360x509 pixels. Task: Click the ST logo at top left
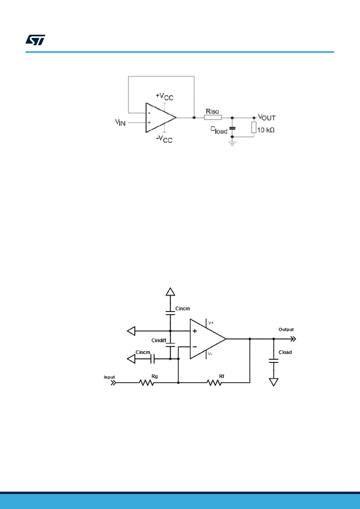[35, 40]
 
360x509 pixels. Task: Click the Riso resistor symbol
[213, 117]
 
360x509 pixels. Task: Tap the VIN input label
[120, 122]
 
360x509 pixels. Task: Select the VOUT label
[267, 117]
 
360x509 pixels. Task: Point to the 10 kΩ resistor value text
[266, 130]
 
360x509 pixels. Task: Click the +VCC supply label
[164, 96]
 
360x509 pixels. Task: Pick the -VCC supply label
[164, 139]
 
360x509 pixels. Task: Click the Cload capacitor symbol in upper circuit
[232, 128]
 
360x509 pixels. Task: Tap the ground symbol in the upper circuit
[232, 143]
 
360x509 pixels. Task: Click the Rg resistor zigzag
[147, 383]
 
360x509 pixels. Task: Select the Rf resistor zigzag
[214, 383]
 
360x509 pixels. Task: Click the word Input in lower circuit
[109, 377]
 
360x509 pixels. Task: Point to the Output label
[286, 329]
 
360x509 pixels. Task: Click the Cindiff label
[159, 340]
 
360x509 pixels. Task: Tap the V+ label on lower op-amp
[211, 323]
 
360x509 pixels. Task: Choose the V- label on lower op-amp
[210, 354]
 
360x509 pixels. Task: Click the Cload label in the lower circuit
[285, 352]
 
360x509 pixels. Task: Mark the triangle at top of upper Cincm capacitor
[170, 292]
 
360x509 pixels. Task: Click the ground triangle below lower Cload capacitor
[274, 382]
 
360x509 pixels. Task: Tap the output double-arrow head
[293, 339]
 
